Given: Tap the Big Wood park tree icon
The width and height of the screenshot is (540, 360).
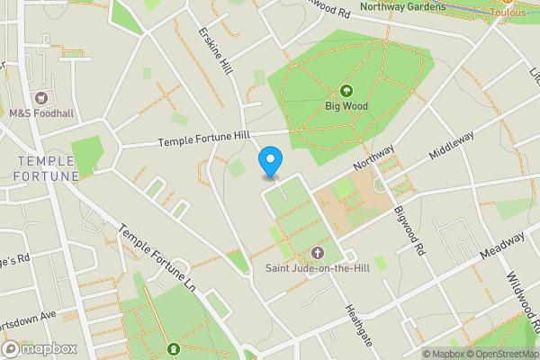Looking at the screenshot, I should pyautogui.click(x=346, y=91).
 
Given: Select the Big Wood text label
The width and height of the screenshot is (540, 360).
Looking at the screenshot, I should pyautogui.click(x=346, y=105).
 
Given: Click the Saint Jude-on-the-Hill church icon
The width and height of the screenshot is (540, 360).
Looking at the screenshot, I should pyautogui.click(x=317, y=253).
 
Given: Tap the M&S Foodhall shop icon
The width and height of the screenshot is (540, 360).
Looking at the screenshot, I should pyautogui.click(x=40, y=97).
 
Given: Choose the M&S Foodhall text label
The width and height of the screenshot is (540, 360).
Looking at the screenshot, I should pyautogui.click(x=40, y=113).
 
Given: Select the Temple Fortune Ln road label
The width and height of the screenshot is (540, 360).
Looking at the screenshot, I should pyautogui.click(x=159, y=253).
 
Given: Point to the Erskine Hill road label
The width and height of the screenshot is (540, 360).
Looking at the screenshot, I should pyautogui.click(x=215, y=51).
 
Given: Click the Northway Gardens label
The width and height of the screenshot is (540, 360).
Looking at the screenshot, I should pyautogui.click(x=402, y=7).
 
